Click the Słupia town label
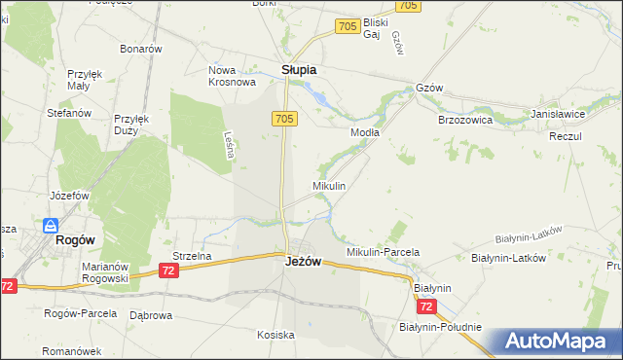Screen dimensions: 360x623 coord(299,70)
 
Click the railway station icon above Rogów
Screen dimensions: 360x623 coord(49,225)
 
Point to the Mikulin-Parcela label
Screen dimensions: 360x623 coord(383,252)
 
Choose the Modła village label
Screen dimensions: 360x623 coord(364,131)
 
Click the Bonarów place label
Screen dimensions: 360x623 coord(139,48)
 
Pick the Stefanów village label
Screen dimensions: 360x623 coord(69,113)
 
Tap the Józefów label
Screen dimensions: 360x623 coord(69,195)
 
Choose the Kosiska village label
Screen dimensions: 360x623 coord(275,335)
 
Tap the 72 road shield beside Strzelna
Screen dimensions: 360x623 coord(170,270)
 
